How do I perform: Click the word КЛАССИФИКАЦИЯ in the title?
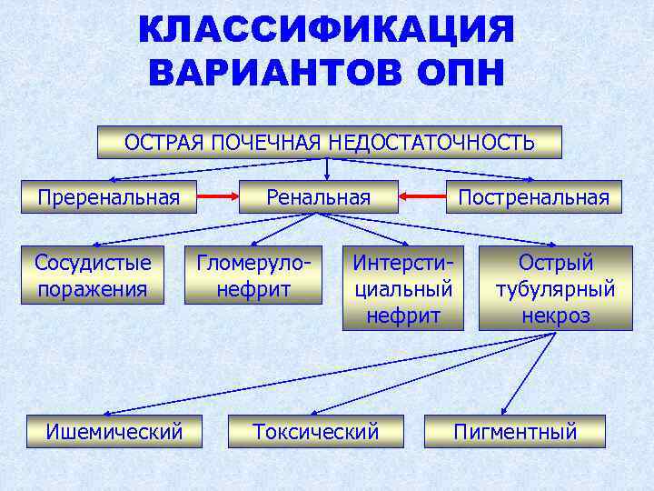click(326, 30)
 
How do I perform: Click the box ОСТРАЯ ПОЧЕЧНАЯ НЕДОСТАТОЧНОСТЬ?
click(329, 142)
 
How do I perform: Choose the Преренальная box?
click(108, 197)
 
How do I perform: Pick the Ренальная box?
click(318, 197)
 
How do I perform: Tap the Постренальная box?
click(533, 197)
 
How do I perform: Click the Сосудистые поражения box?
click(92, 276)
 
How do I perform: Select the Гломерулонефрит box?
click(253, 276)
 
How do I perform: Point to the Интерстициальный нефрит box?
click(402, 287)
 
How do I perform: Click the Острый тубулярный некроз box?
click(555, 287)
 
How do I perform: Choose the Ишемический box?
click(114, 431)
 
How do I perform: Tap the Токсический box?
click(315, 431)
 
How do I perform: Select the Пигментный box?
click(515, 431)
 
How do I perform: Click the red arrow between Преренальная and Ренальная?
click(218, 196)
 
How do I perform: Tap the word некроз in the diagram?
click(555, 315)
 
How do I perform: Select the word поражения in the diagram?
click(92, 289)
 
